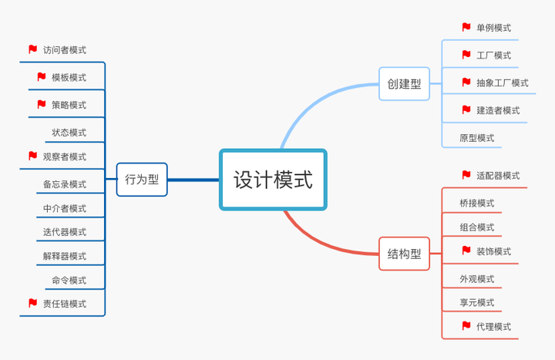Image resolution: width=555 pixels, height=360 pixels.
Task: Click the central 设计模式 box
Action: (273, 180)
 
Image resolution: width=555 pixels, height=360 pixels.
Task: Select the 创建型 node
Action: (404, 83)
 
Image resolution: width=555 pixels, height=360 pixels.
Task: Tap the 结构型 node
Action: (404, 254)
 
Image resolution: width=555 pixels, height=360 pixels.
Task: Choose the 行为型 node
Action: (142, 180)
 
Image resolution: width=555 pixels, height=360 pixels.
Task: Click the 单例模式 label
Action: (493, 28)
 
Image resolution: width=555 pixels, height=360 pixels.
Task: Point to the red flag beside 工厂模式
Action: (466, 55)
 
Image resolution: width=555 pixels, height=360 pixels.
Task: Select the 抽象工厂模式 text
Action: (503, 82)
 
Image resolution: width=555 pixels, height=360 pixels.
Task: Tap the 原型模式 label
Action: (476, 138)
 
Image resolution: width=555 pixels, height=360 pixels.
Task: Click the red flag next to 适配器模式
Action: (466, 175)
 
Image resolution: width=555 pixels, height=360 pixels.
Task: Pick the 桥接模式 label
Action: (476, 204)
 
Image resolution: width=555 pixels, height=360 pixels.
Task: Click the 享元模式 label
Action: (476, 302)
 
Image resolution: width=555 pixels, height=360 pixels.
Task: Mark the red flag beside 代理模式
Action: (466, 326)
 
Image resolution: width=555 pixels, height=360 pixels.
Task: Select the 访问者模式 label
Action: (65, 50)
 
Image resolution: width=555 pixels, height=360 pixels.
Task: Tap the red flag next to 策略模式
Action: (42, 104)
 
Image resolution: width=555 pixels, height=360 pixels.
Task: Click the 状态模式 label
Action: (69, 133)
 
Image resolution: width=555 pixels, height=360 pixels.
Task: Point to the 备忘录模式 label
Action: (65, 184)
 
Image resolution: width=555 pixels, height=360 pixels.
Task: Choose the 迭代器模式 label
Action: (65, 232)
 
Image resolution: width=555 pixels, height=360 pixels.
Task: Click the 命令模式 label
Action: (69, 280)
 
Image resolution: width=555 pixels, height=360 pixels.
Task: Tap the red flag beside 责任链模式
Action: (32, 303)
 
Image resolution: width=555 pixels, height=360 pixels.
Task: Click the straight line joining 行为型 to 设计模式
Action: (193, 180)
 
